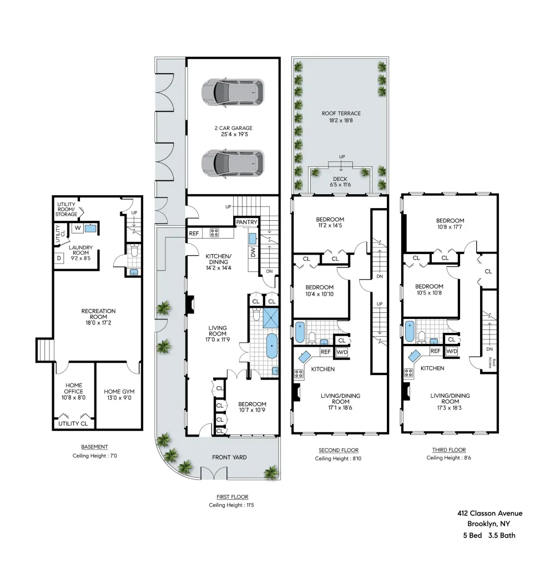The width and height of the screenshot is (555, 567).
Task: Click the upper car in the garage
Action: click(x=233, y=93)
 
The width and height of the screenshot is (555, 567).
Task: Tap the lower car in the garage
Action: click(x=233, y=164)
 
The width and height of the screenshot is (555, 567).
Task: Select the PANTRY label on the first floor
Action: click(x=247, y=222)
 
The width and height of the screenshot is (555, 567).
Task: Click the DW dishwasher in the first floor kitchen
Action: click(x=253, y=252)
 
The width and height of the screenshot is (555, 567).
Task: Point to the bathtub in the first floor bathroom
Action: click(x=272, y=346)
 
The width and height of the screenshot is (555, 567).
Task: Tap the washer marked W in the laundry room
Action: click(x=78, y=228)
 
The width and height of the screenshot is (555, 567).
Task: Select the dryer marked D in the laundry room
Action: click(x=59, y=258)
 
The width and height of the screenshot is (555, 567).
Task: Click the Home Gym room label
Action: click(x=119, y=394)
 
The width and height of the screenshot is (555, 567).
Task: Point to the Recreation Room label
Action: click(x=98, y=317)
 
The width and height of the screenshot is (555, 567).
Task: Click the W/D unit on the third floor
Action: click(x=452, y=351)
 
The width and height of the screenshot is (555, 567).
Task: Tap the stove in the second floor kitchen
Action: click(x=299, y=373)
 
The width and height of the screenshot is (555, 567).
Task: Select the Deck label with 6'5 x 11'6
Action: click(x=340, y=181)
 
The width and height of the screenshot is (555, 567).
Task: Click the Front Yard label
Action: click(x=229, y=458)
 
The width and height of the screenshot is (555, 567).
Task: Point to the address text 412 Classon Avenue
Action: click(x=490, y=513)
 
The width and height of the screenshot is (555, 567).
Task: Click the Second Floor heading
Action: click(x=339, y=450)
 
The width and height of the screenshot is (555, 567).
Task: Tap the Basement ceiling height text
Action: click(x=95, y=455)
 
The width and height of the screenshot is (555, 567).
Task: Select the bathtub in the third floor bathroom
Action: click(x=410, y=331)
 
